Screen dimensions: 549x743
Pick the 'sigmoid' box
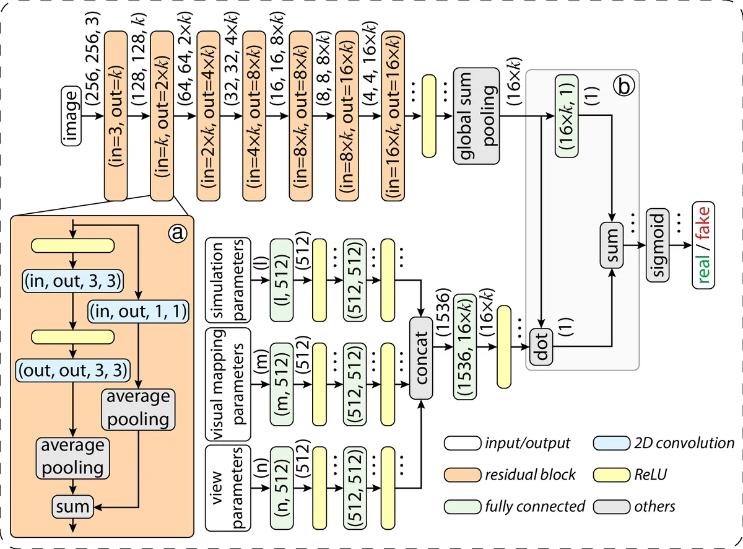point(658,244)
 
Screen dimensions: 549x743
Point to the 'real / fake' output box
point(703,244)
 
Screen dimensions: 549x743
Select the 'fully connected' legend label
point(534,506)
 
